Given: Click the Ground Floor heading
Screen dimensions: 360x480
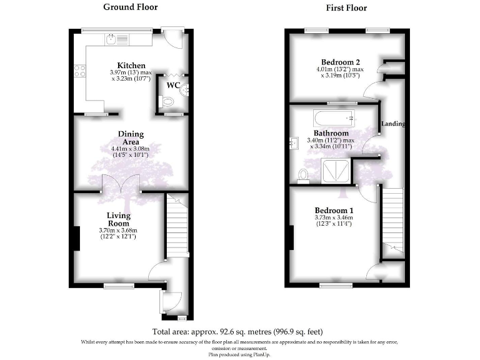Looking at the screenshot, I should (131, 7).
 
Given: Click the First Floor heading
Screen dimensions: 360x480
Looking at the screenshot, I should (346, 8).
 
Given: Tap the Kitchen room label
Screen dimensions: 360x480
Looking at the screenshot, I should (131, 66).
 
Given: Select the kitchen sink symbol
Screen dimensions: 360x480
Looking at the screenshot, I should (111, 40).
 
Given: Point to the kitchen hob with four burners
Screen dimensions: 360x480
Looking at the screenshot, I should (81, 71).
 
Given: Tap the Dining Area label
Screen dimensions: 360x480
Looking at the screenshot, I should (131, 138).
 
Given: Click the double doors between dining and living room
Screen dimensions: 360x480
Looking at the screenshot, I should (122, 186).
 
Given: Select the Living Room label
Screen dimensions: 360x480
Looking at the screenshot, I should (117, 219).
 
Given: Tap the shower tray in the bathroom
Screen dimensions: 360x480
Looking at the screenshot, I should (336, 169).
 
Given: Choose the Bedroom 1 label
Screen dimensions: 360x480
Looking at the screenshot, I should (334, 210).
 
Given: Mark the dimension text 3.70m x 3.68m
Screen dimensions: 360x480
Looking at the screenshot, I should (117, 231).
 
